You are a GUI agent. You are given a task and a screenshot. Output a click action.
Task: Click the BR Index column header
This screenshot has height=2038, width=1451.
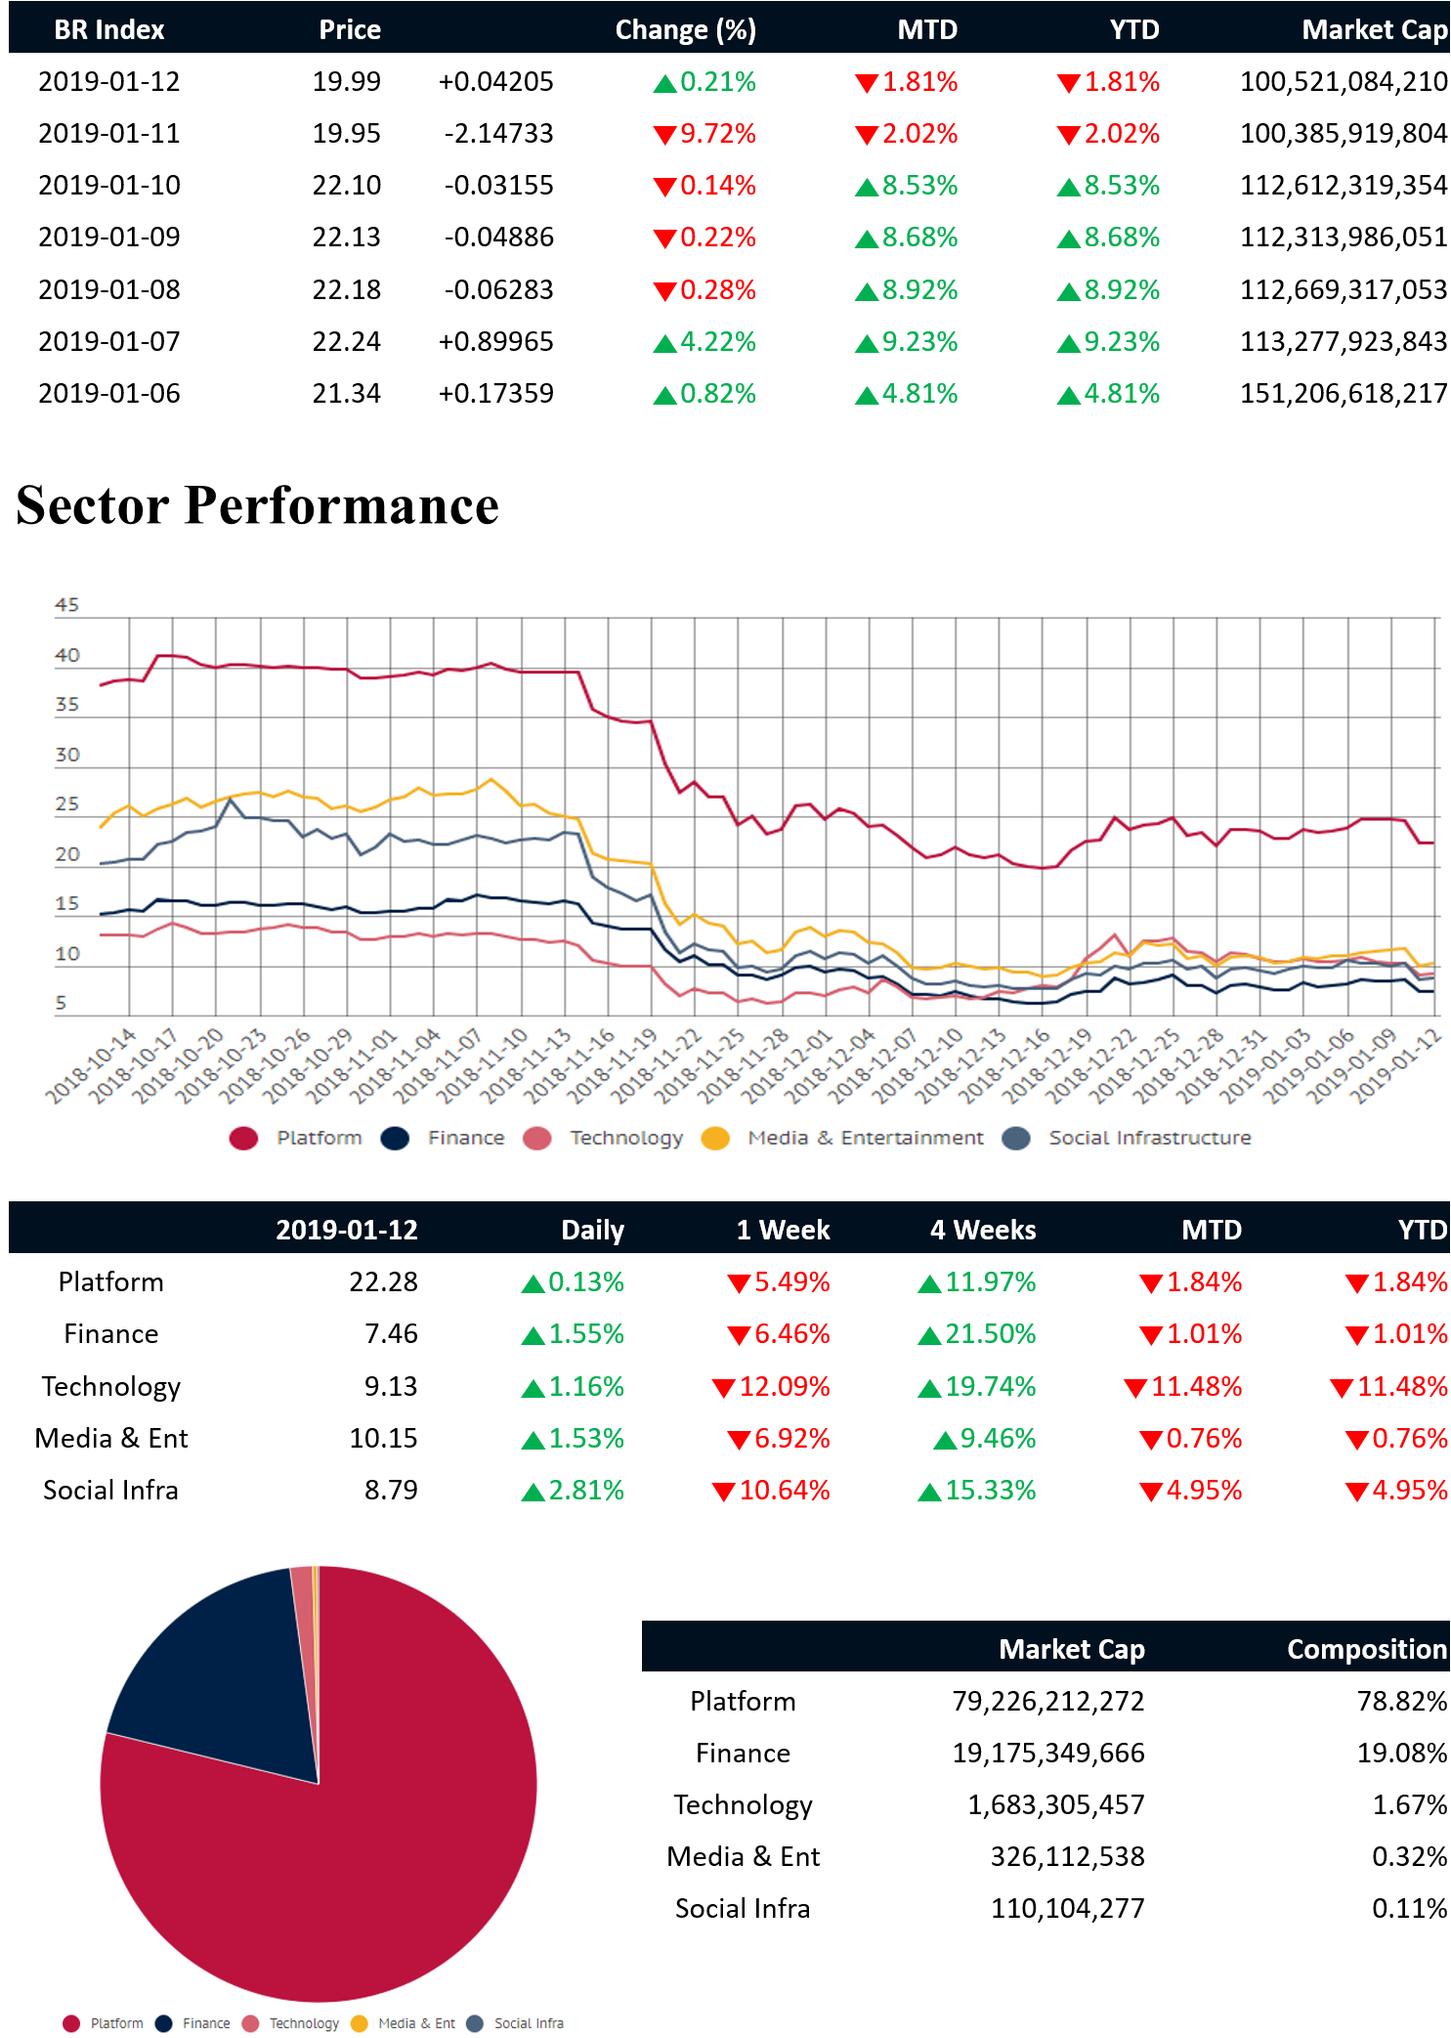pyautogui.click(x=108, y=29)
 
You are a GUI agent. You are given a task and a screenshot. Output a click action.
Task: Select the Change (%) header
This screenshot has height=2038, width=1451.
pyautogui.click(x=685, y=29)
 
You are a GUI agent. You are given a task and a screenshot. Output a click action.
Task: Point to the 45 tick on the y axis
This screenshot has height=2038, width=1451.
pyautogui.click(x=66, y=605)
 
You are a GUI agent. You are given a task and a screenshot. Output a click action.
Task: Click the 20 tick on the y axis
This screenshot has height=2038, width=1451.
pyautogui.click(x=66, y=854)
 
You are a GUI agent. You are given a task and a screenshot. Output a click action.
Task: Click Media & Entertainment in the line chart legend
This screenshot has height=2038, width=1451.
pyautogui.click(x=865, y=1138)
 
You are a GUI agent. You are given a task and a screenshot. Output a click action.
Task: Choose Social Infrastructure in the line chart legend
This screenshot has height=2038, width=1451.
pyautogui.click(x=1149, y=1138)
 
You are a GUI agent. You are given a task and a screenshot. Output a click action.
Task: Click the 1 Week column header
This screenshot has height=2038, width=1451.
pyautogui.click(x=783, y=1230)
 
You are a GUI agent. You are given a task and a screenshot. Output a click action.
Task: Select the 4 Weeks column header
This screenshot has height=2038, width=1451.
pyautogui.click(x=982, y=1230)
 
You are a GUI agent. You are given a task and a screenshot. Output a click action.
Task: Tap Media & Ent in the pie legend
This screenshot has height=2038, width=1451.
pyautogui.click(x=415, y=2023)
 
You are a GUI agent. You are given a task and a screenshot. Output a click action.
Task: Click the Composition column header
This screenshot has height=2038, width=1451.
pyautogui.click(x=1366, y=1649)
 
